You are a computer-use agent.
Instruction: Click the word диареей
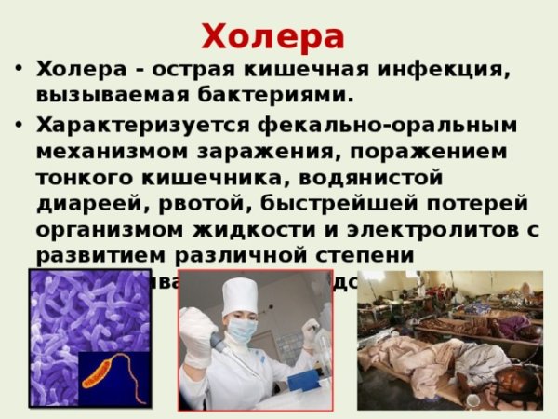click(x=82, y=203)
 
